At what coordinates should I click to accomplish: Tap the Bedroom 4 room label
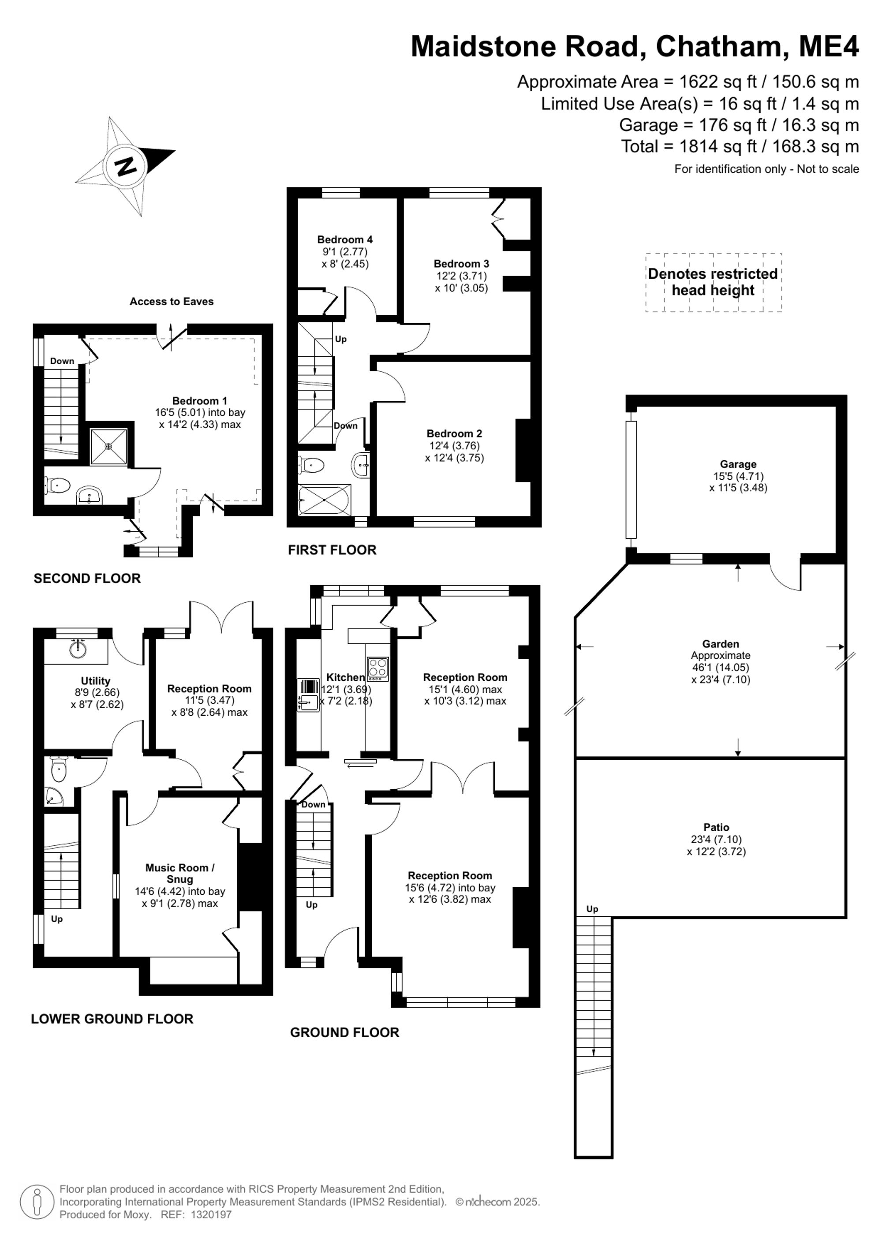click(345, 239)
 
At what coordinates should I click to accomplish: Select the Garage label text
click(738, 464)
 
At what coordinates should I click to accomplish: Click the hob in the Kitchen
click(378, 669)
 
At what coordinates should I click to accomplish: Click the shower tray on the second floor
click(108, 446)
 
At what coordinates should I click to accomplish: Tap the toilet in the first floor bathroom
click(311, 465)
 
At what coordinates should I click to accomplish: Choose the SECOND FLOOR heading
click(87, 579)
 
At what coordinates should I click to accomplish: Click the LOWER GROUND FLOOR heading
click(112, 1019)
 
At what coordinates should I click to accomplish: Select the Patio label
click(716, 827)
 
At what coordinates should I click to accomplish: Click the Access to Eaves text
click(172, 302)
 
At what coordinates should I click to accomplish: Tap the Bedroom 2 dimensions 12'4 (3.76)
click(455, 445)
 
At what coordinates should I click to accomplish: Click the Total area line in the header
click(740, 147)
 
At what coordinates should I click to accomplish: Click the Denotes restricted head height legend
click(713, 282)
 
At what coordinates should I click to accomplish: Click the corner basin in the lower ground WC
click(54, 797)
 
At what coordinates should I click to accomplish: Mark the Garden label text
click(721, 644)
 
